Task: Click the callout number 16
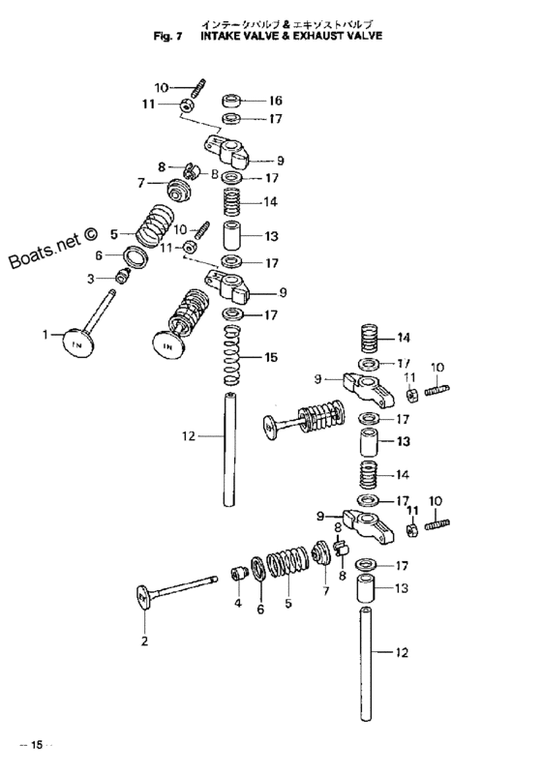[x=275, y=101]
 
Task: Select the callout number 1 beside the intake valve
[x=45, y=335]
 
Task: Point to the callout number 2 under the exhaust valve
[x=144, y=641]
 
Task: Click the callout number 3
[x=90, y=280]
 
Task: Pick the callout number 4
[x=238, y=603]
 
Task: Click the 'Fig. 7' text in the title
[x=168, y=36]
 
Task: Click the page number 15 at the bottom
[x=37, y=745]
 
